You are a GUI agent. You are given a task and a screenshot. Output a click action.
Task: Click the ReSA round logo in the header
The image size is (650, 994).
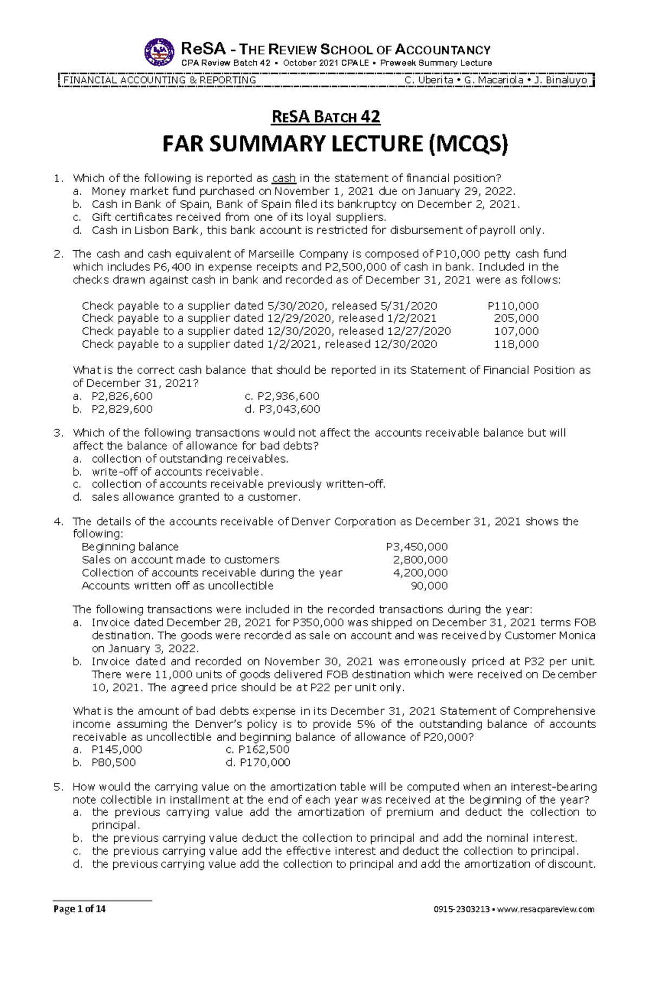click(159, 53)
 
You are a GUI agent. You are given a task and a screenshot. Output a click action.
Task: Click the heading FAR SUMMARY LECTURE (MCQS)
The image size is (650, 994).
click(335, 144)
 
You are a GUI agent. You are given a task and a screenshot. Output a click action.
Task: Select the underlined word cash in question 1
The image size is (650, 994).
click(284, 178)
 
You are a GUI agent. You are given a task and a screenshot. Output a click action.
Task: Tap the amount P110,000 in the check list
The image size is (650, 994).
click(513, 306)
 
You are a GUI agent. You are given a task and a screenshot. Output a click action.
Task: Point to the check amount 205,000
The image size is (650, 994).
click(516, 319)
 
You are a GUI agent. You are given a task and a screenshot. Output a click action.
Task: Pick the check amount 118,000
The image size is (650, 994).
click(516, 345)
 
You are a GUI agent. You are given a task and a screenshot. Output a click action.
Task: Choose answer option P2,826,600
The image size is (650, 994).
click(122, 397)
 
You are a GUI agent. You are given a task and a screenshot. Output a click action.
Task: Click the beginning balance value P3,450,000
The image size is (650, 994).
click(417, 547)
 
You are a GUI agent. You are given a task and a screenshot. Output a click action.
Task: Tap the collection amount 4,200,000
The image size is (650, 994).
click(420, 573)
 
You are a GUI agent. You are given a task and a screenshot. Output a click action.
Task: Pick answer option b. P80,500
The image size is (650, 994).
click(113, 763)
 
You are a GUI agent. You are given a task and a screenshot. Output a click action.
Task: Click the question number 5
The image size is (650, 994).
click(58, 787)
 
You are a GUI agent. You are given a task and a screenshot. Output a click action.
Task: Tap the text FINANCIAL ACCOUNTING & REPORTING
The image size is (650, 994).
click(160, 80)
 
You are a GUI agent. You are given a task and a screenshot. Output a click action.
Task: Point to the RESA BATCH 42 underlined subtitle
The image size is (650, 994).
click(325, 117)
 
